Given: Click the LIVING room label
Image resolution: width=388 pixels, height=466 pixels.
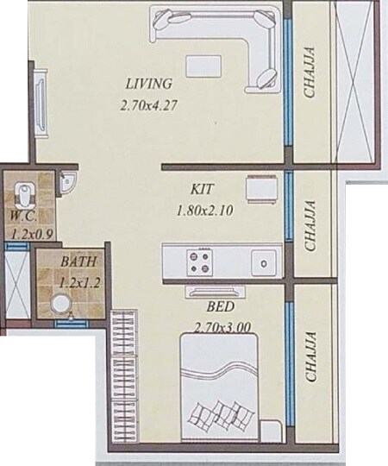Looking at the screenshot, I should (149, 84).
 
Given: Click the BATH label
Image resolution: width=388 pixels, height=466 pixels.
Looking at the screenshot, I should (78, 261).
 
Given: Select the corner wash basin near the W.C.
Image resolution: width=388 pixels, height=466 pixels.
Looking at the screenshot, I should (69, 181).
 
